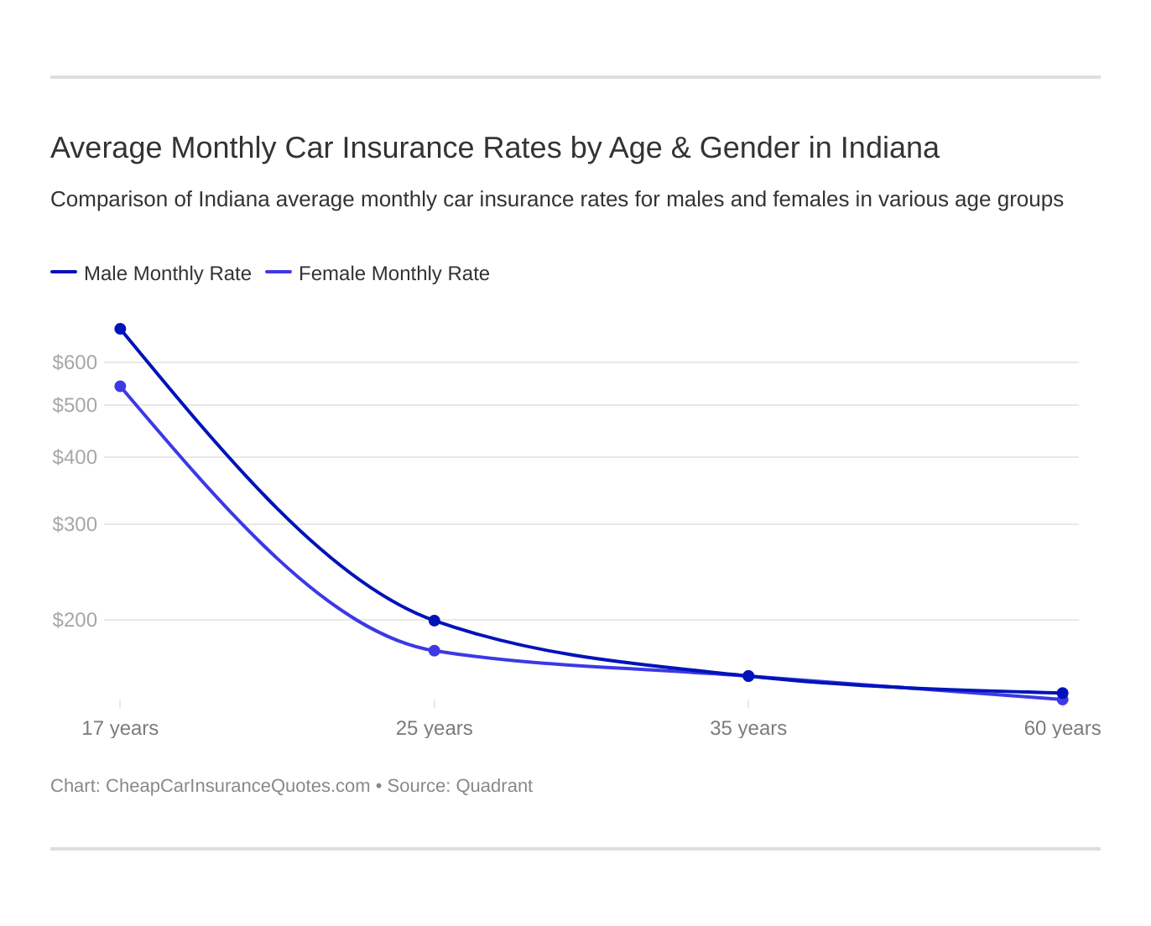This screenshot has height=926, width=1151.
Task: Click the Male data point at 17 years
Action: click(x=120, y=329)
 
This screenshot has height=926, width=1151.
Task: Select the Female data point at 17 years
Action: click(x=120, y=387)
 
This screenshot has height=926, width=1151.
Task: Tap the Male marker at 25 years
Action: click(x=435, y=621)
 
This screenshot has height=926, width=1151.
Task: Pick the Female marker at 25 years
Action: click(x=435, y=651)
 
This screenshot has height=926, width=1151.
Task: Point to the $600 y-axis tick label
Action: click(x=75, y=362)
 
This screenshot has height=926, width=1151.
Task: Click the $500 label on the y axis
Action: click(x=75, y=405)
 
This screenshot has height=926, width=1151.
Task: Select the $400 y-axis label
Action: click(x=75, y=457)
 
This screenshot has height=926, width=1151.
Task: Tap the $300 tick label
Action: click(x=75, y=524)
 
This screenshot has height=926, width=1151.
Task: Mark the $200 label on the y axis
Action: click(x=75, y=620)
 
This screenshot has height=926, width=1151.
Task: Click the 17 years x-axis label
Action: click(x=120, y=728)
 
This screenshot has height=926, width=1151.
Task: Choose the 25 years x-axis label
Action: click(x=435, y=728)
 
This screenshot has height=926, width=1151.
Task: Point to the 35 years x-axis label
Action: click(x=748, y=728)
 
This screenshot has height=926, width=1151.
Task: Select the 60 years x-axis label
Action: click(x=1062, y=728)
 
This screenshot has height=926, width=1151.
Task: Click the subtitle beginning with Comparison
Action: click(x=556, y=200)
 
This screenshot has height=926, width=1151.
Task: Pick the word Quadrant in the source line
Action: click(x=494, y=786)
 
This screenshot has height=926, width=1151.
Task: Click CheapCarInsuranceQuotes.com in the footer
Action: click(x=237, y=786)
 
